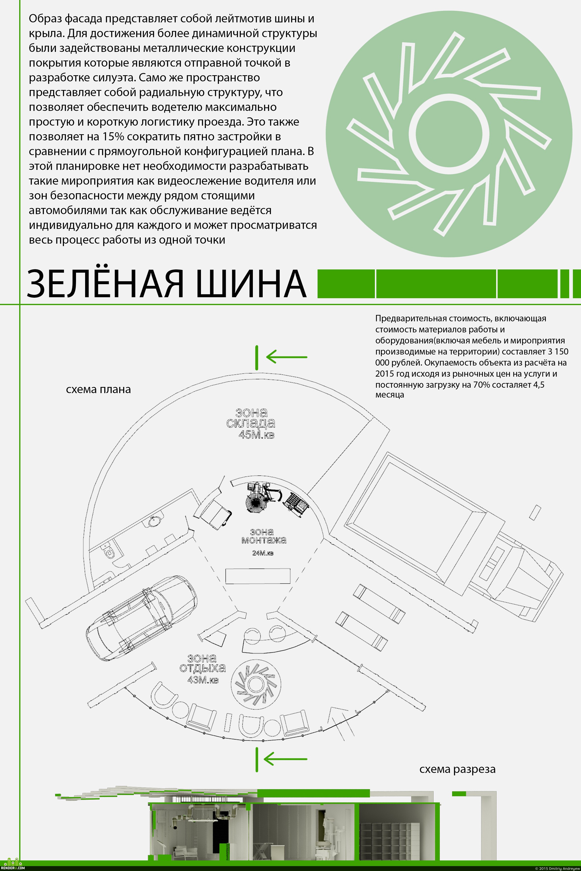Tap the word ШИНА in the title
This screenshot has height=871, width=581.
pyautogui.click(x=251, y=284)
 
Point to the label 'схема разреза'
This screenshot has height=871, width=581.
pyautogui.click(x=457, y=769)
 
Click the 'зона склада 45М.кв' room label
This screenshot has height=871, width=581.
pyautogui.click(x=251, y=423)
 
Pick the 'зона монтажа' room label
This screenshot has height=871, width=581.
pyautogui.click(x=263, y=536)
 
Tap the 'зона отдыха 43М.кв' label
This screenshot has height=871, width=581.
pyautogui.click(x=202, y=668)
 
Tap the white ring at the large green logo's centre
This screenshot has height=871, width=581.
pyautogui.click(x=449, y=134)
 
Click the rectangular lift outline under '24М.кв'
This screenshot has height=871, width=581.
pyautogui.click(x=258, y=576)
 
